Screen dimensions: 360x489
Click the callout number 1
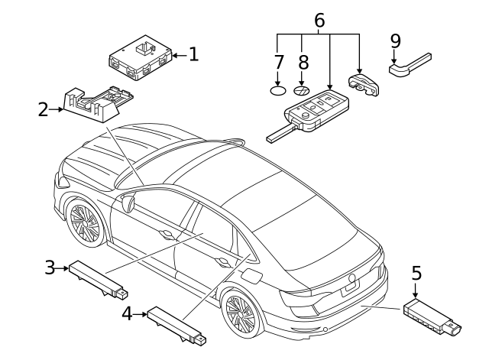click(x=193, y=54)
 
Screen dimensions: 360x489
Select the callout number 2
click(x=44, y=109)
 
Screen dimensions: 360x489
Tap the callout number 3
click(x=50, y=267)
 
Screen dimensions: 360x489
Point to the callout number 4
click(x=127, y=313)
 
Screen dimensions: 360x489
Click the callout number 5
click(x=416, y=273)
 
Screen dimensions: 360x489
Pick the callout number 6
click(x=319, y=21)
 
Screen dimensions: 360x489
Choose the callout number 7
click(x=279, y=62)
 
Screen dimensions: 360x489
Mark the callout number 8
click(x=303, y=62)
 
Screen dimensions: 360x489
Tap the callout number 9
click(x=395, y=41)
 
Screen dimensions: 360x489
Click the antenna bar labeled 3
click(x=98, y=279)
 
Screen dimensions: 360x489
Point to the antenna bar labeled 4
click(x=176, y=323)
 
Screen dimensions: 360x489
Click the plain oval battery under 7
click(x=279, y=89)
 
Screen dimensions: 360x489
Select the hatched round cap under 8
click(x=303, y=89)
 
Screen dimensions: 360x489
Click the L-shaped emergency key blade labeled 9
click(x=410, y=65)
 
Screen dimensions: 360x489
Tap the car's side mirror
click(x=128, y=203)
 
